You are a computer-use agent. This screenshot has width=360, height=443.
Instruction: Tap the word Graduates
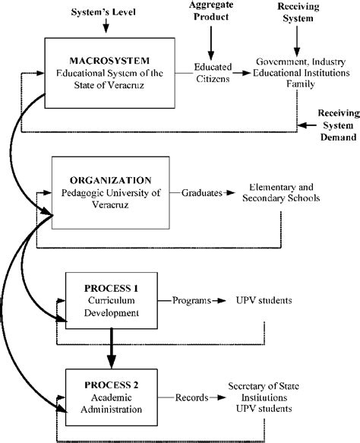coord(201,194)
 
